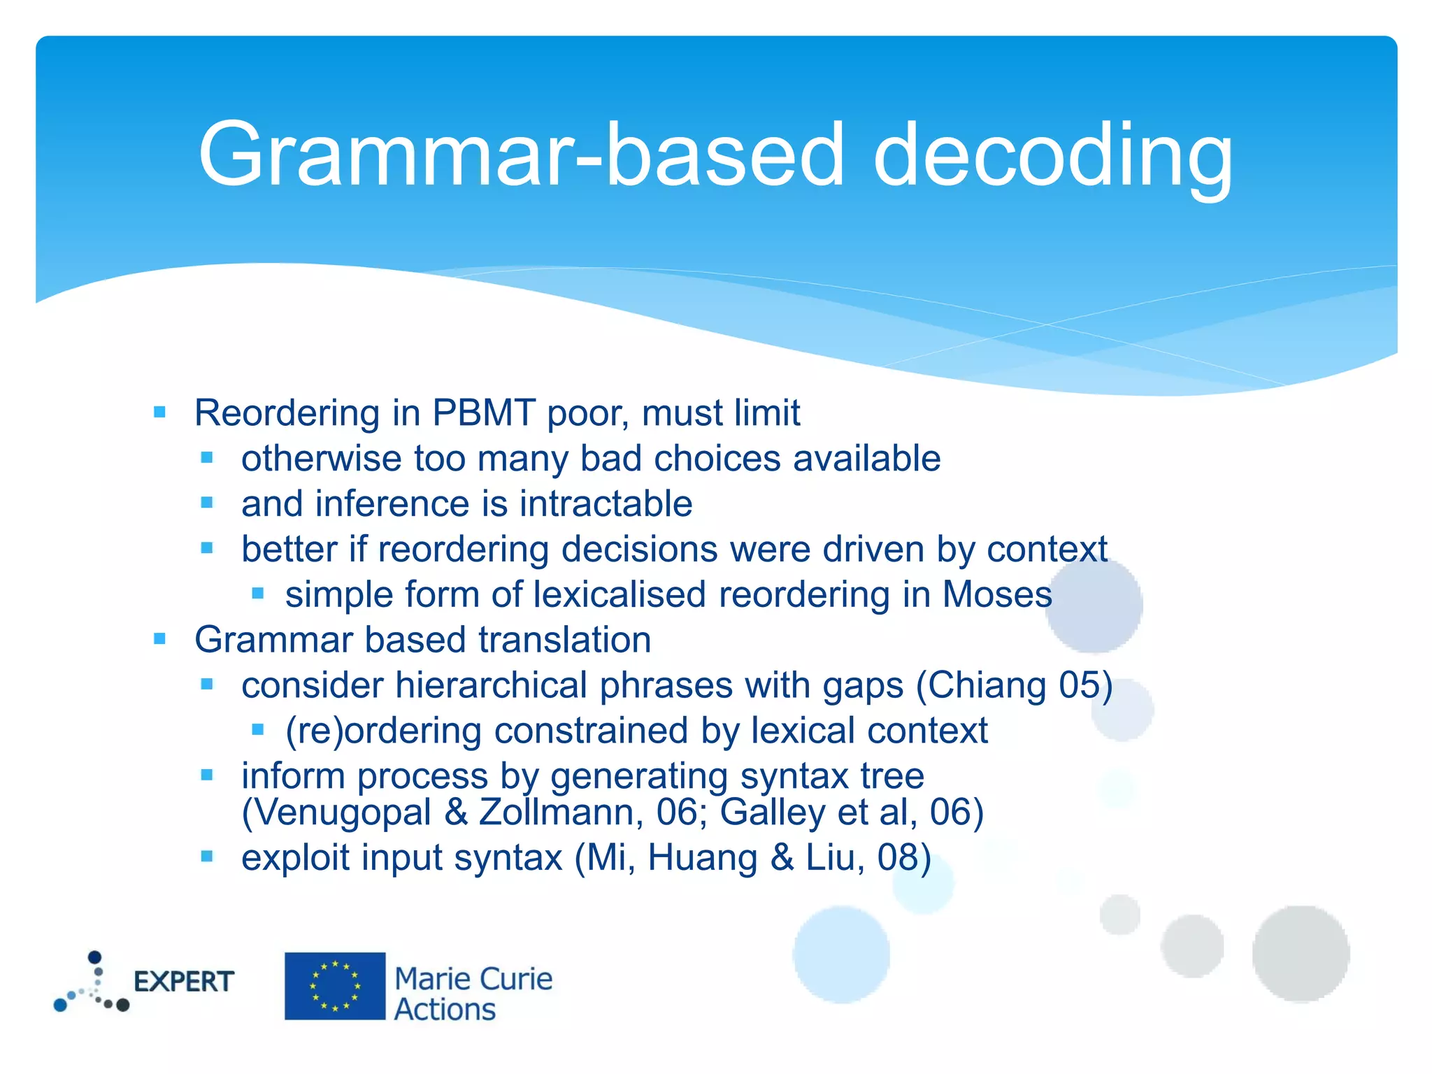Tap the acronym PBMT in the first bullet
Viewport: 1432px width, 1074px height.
(484, 413)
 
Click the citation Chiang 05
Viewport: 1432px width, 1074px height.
(1015, 685)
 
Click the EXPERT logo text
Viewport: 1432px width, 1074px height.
(183, 982)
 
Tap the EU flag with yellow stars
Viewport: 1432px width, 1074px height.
(335, 986)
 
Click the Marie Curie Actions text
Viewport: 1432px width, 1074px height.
(473, 994)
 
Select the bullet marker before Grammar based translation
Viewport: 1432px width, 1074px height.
(160, 639)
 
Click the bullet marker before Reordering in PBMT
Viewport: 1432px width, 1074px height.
(160, 412)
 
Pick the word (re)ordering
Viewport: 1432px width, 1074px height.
(383, 731)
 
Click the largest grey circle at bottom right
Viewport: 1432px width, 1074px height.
(1301, 954)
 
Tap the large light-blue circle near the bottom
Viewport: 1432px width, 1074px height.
(841, 954)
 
